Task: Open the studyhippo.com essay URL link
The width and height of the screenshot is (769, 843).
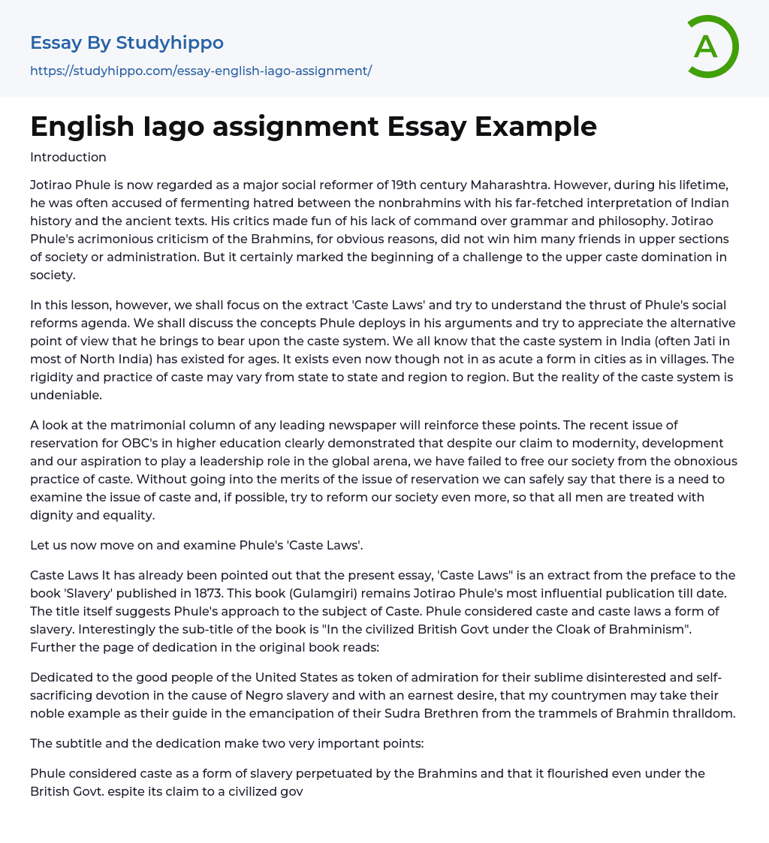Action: (201, 71)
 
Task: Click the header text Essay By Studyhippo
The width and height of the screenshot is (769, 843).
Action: (127, 43)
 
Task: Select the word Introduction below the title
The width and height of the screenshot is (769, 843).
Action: (68, 157)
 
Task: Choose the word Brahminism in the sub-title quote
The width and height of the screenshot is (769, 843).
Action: (647, 629)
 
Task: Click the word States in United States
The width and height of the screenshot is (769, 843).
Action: (317, 677)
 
